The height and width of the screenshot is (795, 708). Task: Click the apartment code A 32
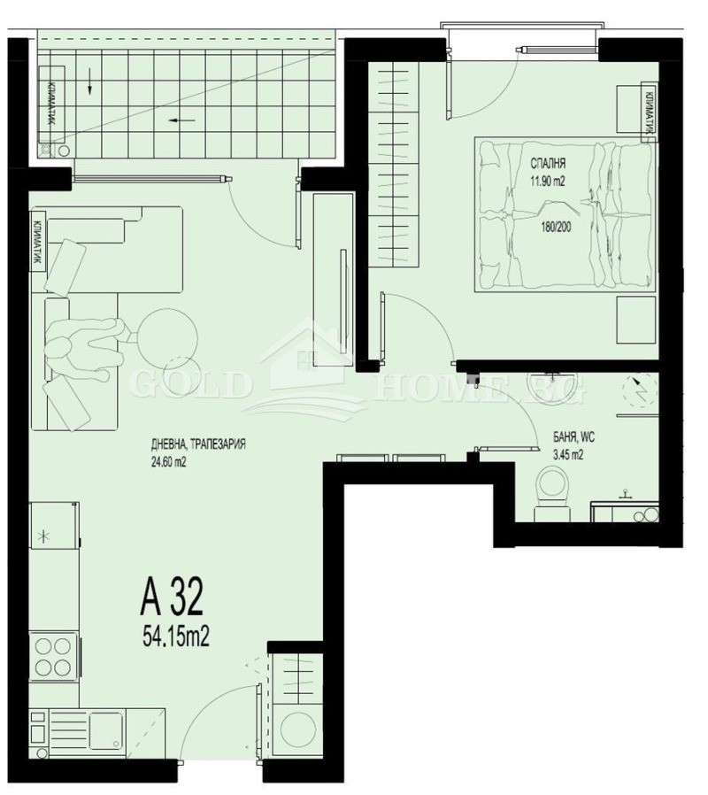point(172,598)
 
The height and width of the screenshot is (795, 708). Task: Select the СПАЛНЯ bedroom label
point(548,164)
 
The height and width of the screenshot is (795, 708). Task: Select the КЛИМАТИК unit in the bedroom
point(649,110)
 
